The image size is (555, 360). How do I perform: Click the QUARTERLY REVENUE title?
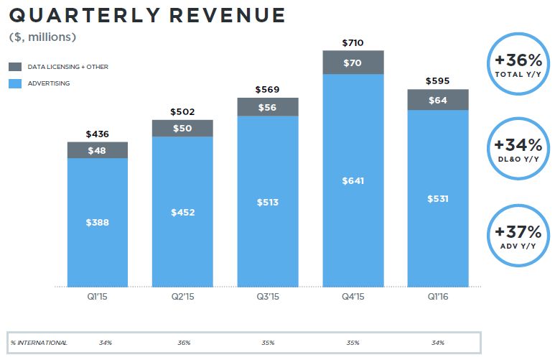coord(147,15)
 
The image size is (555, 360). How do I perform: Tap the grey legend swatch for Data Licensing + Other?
coord(16,67)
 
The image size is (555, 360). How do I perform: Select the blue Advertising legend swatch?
coord(16,83)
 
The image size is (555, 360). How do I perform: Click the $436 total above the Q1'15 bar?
coord(98,134)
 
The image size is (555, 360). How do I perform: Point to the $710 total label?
coord(353,43)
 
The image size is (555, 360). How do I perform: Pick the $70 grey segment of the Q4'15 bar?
coord(353,63)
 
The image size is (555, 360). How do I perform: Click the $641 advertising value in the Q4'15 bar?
coord(353,180)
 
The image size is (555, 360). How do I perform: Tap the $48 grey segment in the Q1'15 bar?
coord(98,150)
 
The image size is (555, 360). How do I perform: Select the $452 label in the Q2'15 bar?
coord(183,212)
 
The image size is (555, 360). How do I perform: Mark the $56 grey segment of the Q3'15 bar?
coord(268,106)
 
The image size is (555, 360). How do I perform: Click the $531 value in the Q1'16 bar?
coord(438,198)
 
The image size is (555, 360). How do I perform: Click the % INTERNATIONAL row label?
coord(39,343)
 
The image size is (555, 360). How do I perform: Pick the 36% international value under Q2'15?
coord(185,343)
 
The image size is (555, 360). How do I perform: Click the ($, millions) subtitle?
coord(43,37)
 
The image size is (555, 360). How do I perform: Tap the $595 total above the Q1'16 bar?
coord(438,81)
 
